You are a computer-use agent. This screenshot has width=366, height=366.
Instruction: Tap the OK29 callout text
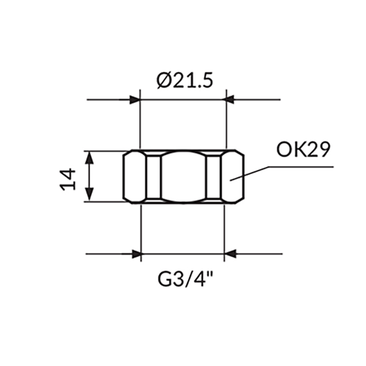(303, 150)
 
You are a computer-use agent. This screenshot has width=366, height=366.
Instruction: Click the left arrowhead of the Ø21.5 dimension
(135, 99)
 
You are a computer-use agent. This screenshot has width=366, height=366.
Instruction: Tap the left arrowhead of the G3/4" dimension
(136, 255)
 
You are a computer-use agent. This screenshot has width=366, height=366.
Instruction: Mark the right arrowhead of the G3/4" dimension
(230, 255)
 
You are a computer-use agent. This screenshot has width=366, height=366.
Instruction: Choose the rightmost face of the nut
(233, 176)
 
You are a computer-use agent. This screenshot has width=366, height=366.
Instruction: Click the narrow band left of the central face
(154, 176)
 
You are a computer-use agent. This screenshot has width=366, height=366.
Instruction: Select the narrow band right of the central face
(214, 176)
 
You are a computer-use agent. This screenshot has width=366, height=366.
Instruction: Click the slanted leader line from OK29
(250, 174)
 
